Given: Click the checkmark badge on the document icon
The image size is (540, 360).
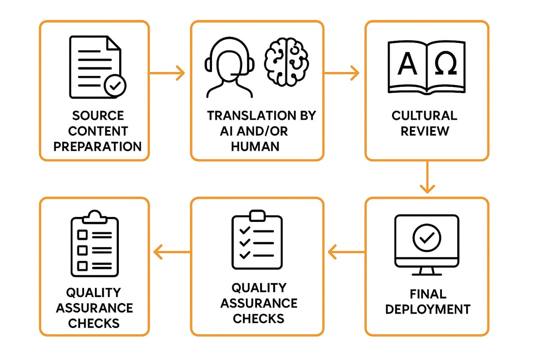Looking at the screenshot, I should pos(115,85).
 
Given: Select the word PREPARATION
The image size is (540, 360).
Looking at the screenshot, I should pos(97,146).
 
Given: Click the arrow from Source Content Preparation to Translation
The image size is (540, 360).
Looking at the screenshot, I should pos(167,72).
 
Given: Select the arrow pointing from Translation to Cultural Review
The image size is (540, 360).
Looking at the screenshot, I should pos(342,72).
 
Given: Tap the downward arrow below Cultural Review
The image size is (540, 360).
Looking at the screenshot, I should pos(427,177).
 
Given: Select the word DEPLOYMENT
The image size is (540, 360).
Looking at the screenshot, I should pos(427,309).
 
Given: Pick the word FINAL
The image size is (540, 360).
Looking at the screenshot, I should pos(428,294).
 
